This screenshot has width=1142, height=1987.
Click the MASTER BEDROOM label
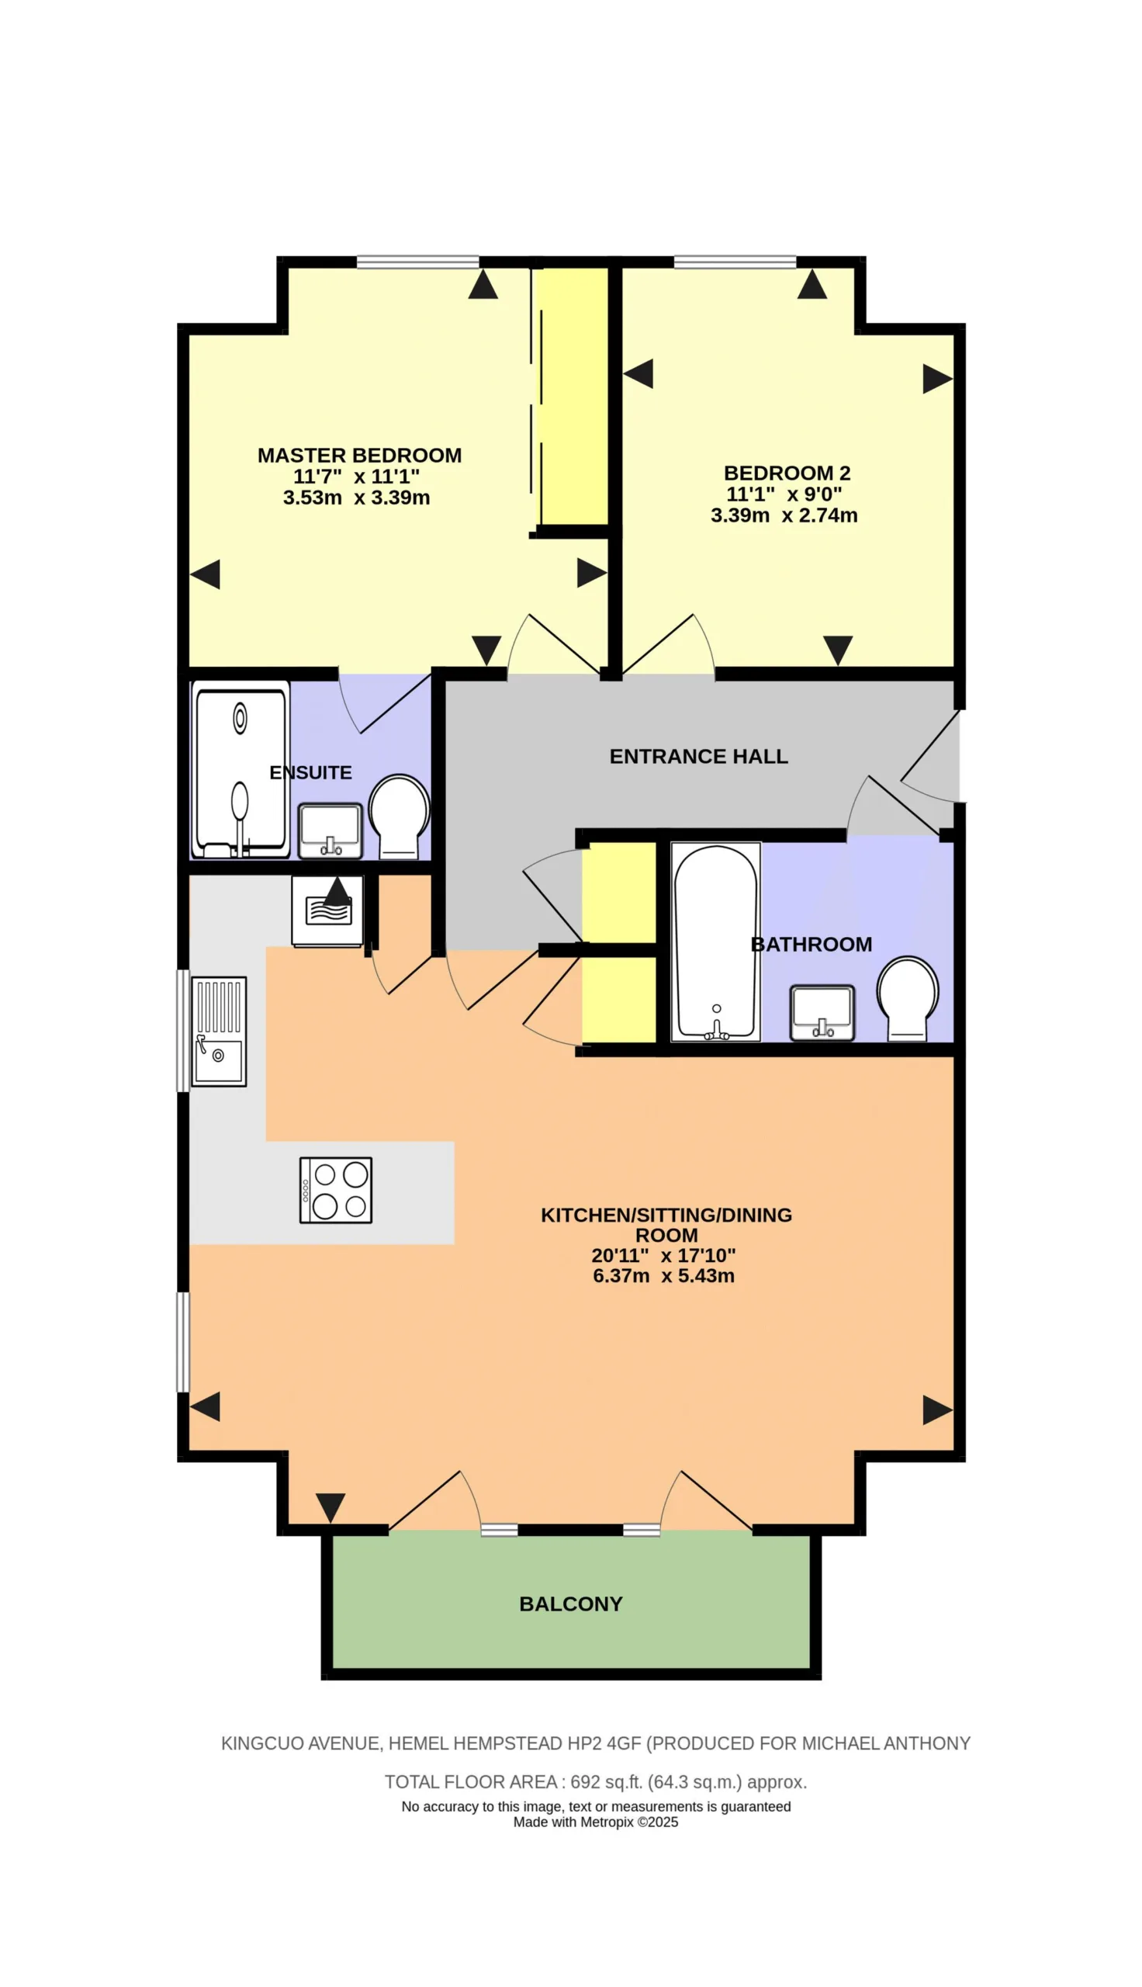coord(359,455)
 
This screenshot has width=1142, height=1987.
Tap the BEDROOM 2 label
coord(787,473)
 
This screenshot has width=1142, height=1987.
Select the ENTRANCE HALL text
coord(699,756)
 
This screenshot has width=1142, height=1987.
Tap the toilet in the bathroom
coord(908,999)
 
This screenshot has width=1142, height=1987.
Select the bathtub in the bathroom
coord(716,942)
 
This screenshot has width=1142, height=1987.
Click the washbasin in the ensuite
coord(330,831)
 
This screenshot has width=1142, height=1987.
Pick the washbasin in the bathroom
coord(822,1013)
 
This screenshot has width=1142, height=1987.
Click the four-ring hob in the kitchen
coord(336,1190)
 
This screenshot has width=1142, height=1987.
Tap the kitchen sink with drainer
coord(219,1032)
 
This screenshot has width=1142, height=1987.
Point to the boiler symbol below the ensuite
coord(328,910)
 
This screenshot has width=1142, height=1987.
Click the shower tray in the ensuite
coord(241,769)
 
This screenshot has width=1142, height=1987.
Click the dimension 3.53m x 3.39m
coord(356,498)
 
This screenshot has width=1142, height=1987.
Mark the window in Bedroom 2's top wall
coord(735,262)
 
